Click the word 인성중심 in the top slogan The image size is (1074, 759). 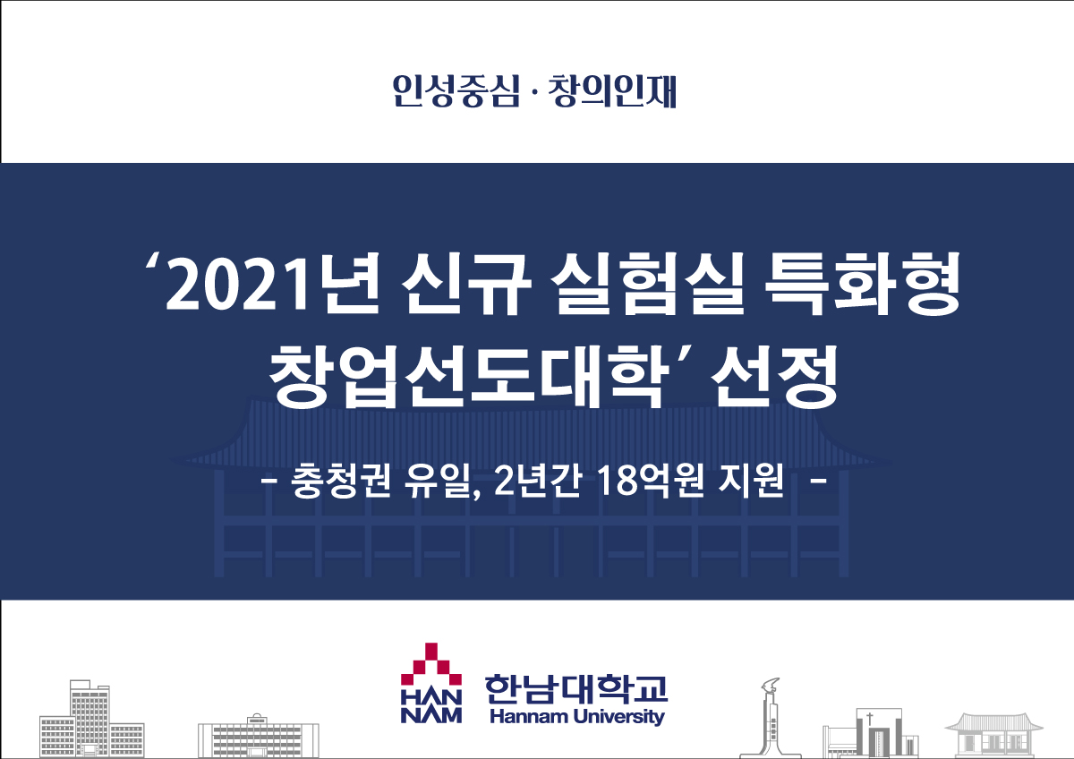pos(456,91)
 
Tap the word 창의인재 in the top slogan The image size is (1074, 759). pos(612,91)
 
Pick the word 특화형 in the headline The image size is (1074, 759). pos(862,285)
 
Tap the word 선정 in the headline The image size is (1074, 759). pos(774,378)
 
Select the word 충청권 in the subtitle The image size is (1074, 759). pos(340,481)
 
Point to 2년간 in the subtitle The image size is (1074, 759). pos(538,481)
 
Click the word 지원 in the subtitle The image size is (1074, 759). pos(751,481)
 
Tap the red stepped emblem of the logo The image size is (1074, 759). pos(431,664)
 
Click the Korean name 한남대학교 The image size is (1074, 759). pos(575,689)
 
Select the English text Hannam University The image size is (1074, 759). pos(577,717)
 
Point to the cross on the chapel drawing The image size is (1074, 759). pos(870,719)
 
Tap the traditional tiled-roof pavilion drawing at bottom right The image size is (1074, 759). pos(994,736)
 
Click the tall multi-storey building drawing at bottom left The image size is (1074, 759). pos(91,719)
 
